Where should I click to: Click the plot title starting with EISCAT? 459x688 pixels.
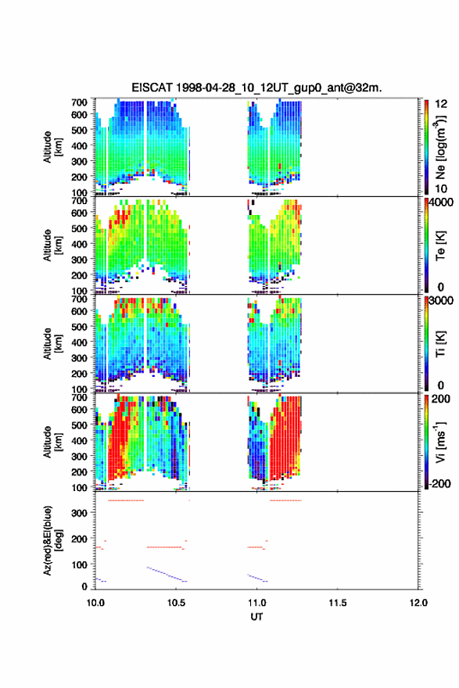[x=256, y=88]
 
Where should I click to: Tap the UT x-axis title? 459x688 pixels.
[x=256, y=617]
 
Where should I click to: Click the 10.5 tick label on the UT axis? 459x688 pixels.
[x=176, y=603]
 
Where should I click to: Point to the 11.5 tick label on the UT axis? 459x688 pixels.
[x=338, y=603]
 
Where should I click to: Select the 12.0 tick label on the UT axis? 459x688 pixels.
[x=418, y=603]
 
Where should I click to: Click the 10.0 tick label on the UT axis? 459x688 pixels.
[x=95, y=603]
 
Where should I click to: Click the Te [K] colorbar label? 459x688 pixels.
[x=440, y=245]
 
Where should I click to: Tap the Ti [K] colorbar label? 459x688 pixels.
[x=440, y=343]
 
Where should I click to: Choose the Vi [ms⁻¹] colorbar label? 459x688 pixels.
[x=440, y=442]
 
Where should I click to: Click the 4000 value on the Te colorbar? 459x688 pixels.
[x=440, y=202]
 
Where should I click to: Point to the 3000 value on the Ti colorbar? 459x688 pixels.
[x=442, y=300]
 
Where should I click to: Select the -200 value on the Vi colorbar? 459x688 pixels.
[x=439, y=483]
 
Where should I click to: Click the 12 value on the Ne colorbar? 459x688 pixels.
[x=441, y=104]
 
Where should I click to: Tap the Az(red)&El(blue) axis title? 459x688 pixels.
[x=52, y=540]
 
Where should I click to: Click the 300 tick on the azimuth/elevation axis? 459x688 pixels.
[x=79, y=513]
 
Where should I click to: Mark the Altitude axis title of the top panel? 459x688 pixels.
[x=52, y=146]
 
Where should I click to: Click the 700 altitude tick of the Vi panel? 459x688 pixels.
[x=79, y=397]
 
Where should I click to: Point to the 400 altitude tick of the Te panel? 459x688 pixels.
[x=79, y=244]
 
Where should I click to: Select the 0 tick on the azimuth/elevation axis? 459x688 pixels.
[x=84, y=586]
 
